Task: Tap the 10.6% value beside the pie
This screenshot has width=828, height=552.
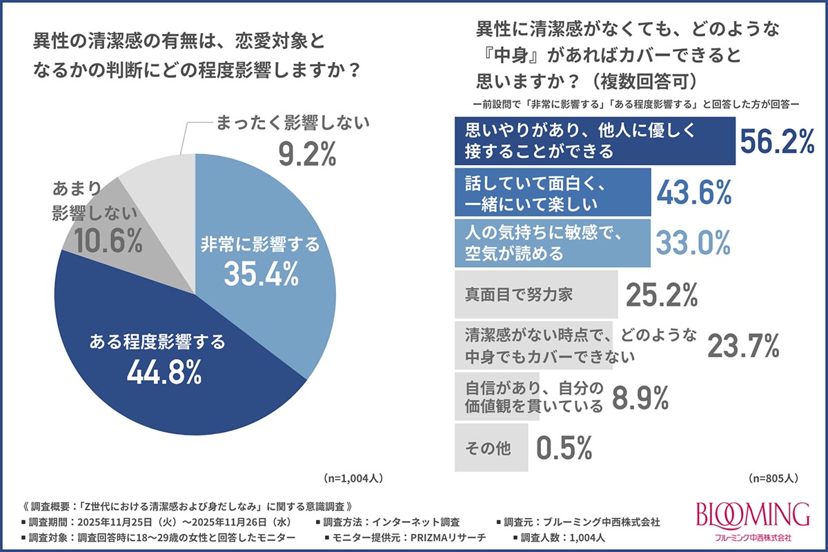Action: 108,241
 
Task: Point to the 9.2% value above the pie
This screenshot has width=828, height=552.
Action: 307,154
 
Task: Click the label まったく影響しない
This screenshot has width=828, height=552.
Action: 293,123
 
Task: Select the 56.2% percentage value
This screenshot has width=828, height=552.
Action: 778,141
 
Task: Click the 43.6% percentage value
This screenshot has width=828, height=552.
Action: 694,193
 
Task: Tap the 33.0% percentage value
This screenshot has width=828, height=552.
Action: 693,243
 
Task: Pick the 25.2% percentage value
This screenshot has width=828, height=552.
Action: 662,295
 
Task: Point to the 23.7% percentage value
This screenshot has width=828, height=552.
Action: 743,345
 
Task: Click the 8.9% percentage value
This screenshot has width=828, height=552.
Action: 640,397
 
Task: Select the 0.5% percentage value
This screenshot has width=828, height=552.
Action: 564,447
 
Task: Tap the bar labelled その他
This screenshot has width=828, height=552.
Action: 491,448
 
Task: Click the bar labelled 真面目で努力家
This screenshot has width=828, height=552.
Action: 536,295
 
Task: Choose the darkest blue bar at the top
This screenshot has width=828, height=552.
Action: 595,141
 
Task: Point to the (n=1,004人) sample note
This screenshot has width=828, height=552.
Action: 353,478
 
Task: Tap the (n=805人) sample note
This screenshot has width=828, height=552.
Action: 773,478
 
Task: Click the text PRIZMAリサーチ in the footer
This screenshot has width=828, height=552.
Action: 448,538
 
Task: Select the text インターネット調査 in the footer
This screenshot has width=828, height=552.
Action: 415,522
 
